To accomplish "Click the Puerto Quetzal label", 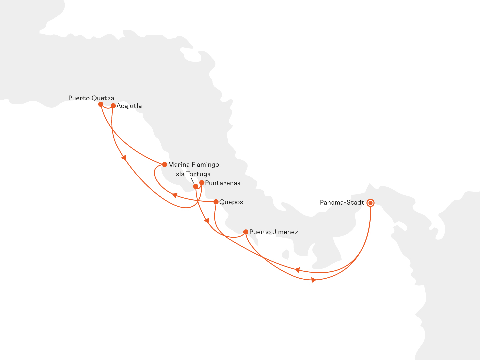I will click(x=92, y=98).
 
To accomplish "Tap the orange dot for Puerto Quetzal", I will click(x=101, y=104).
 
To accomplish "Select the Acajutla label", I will click(x=129, y=106).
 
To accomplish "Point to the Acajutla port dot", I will click(x=113, y=106).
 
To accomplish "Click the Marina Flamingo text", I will click(x=194, y=165).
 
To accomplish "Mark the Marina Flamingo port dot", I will click(x=165, y=164).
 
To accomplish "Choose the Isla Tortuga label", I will click(x=192, y=174).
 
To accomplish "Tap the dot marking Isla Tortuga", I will click(x=196, y=186).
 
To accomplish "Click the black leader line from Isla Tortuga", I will click(x=193, y=180).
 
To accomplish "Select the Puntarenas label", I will click(x=223, y=183).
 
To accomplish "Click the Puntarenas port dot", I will click(x=202, y=183).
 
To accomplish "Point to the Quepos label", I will click(x=231, y=202).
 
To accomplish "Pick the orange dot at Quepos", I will click(x=216, y=202).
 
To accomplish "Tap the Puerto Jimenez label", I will click(x=274, y=232).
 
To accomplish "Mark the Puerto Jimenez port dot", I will click(x=246, y=232).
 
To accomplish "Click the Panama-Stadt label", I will click(x=342, y=203).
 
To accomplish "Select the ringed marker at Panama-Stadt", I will click(x=370, y=203).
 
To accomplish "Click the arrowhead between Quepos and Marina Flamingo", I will click(x=174, y=195).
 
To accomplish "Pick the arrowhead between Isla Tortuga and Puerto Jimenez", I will click(x=206, y=220).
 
